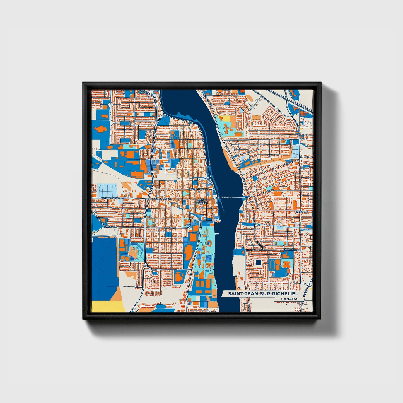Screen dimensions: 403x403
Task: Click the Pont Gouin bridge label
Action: tap(226, 197)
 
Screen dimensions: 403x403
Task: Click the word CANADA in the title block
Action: tap(289, 299)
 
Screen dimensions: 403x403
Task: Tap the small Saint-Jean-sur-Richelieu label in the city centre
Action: tap(202, 202)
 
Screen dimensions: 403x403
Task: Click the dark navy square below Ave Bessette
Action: tap(258, 263)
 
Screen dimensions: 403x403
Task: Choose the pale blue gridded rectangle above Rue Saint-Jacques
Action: tap(107, 190)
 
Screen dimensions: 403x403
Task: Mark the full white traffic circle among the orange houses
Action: tap(110, 105)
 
